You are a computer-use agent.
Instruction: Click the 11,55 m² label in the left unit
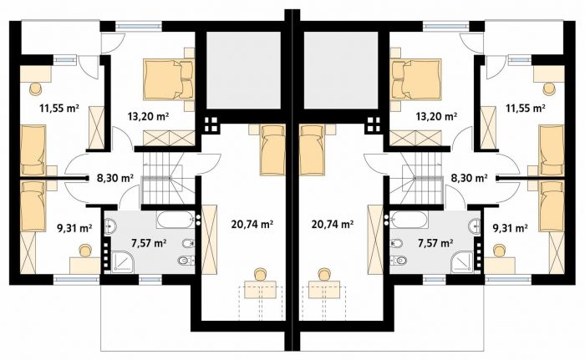(59, 109)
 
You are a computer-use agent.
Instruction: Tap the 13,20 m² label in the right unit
(436, 116)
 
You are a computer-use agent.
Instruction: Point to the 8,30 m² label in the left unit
(115, 178)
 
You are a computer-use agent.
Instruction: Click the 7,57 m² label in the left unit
(149, 243)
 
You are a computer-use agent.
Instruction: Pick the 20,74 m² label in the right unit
(333, 224)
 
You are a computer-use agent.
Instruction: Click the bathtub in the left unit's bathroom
(175, 220)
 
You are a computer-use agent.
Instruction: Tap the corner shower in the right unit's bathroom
(462, 262)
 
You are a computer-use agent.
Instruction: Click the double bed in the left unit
(169, 79)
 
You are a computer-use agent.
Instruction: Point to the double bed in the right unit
(416, 79)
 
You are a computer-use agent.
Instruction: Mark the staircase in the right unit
(417, 178)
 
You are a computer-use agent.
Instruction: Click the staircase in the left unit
(168, 178)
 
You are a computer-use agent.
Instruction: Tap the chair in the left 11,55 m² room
(36, 89)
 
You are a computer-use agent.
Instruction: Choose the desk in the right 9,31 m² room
(500, 266)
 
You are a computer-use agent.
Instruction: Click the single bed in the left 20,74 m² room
(272, 150)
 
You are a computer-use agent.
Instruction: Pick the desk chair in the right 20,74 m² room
(324, 274)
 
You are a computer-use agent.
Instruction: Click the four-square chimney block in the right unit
(374, 125)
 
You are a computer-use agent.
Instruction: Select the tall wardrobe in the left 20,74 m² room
(209, 240)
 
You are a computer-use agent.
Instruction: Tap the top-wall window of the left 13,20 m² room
(139, 26)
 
